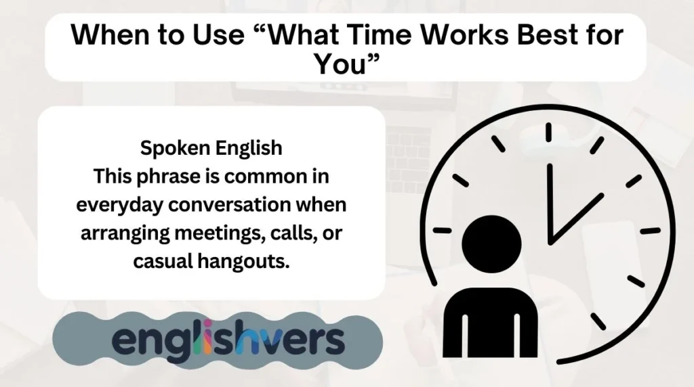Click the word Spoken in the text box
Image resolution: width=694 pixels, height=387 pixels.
click(171, 147)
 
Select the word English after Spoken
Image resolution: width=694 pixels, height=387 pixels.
click(246, 147)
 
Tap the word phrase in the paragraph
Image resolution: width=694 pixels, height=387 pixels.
click(158, 176)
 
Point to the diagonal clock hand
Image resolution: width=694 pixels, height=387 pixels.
click(575, 217)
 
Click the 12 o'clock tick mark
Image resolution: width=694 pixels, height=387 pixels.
click(548, 131)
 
